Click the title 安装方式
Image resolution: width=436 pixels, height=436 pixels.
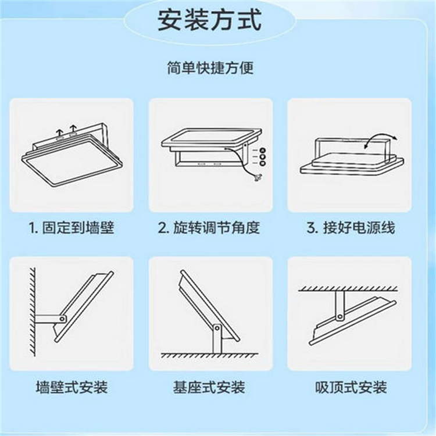(x=210, y=19)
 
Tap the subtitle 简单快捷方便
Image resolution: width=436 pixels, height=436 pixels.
(x=210, y=67)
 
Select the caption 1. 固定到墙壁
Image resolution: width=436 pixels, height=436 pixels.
(x=72, y=227)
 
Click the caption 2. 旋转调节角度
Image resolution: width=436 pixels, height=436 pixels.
(x=209, y=227)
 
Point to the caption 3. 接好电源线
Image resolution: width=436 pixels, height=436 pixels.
(x=351, y=227)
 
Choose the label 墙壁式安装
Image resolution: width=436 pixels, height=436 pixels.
(x=72, y=387)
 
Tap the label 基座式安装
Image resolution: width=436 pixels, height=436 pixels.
(x=209, y=387)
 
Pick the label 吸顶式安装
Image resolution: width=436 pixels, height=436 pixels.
(x=351, y=387)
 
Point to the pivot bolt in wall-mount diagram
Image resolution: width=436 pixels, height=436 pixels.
(x=62, y=319)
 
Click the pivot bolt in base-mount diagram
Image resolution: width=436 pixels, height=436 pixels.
(x=217, y=328)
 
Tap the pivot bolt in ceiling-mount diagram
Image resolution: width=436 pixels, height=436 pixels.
(x=339, y=316)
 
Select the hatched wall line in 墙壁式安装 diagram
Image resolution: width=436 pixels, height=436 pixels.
(x=33, y=312)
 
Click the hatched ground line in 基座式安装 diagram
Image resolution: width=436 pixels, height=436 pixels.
(x=210, y=356)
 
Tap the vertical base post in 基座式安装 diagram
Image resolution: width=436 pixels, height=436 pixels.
(x=217, y=339)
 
